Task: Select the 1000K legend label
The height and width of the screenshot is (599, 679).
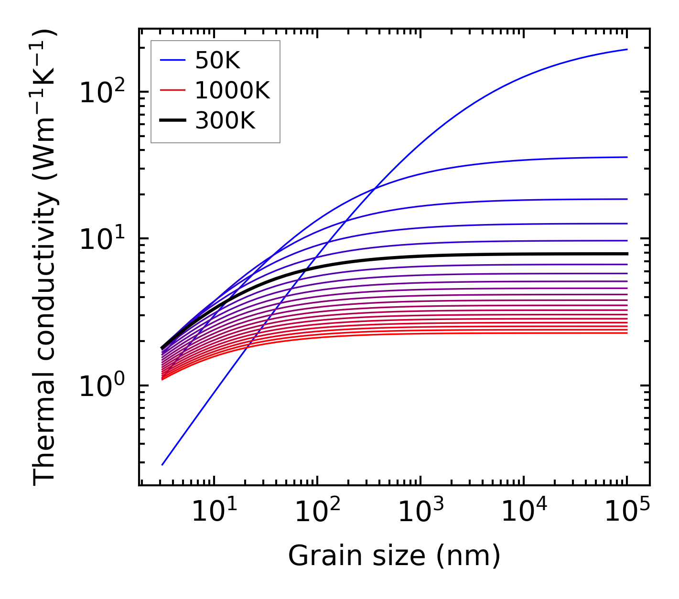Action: coord(232,90)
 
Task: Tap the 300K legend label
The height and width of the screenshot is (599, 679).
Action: coord(225,121)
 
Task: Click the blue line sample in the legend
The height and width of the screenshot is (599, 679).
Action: coord(172,60)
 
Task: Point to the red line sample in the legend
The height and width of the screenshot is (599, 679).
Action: coord(172,90)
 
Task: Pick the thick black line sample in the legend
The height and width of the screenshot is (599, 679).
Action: coord(172,121)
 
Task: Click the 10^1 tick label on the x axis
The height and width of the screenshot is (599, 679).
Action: coord(214,513)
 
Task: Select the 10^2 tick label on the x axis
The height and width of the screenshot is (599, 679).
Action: coord(317,513)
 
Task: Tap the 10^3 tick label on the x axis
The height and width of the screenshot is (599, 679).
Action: coord(420,513)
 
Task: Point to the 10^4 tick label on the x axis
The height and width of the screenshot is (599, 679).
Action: coord(523,513)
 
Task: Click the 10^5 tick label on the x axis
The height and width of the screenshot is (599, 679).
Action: coord(626,513)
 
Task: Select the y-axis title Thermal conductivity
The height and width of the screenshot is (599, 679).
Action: coord(45,257)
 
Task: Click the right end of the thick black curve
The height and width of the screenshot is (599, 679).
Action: coord(626,254)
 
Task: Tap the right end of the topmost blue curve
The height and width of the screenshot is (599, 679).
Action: coord(626,49)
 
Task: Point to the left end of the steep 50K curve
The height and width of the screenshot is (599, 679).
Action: coord(162,464)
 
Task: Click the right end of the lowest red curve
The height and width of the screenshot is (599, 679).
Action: coord(626,333)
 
